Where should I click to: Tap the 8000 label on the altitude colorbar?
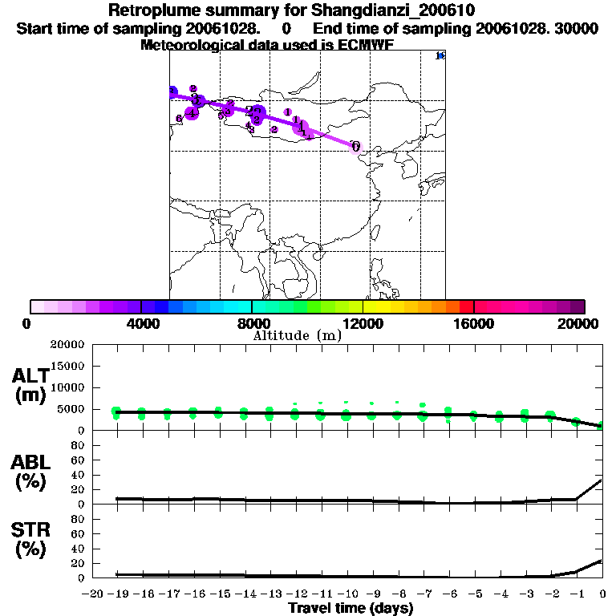[x=252, y=323]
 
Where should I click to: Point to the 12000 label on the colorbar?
[x=363, y=323]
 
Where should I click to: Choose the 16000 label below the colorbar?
[x=473, y=323]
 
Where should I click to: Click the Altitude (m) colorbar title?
[x=297, y=335]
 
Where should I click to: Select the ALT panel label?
[x=32, y=376]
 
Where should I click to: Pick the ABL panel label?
[x=32, y=462]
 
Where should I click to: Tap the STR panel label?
[x=32, y=529]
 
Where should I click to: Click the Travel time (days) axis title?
[x=351, y=609]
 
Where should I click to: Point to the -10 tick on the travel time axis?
[x=346, y=594]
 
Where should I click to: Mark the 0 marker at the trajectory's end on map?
[x=355, y=147]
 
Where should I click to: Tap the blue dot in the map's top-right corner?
[x=440, y=55]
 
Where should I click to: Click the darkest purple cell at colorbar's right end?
[x=577, y=306]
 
